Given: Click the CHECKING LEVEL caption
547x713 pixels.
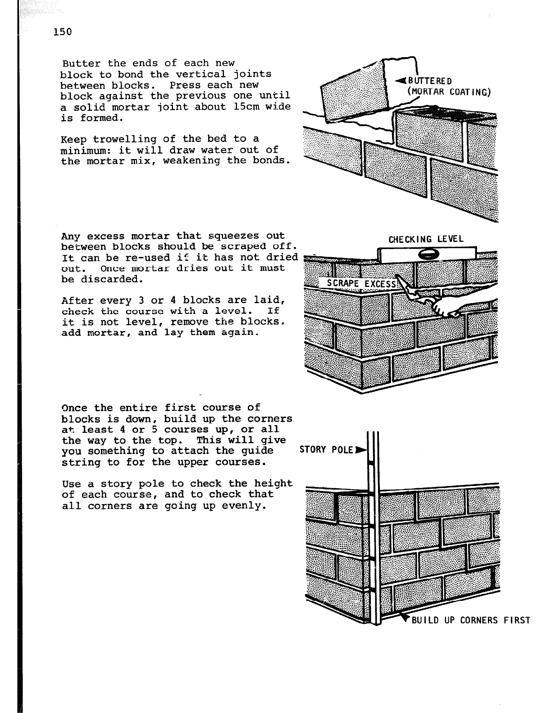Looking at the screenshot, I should coord(426,239).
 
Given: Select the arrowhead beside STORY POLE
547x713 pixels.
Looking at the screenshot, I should coord(360,450).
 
